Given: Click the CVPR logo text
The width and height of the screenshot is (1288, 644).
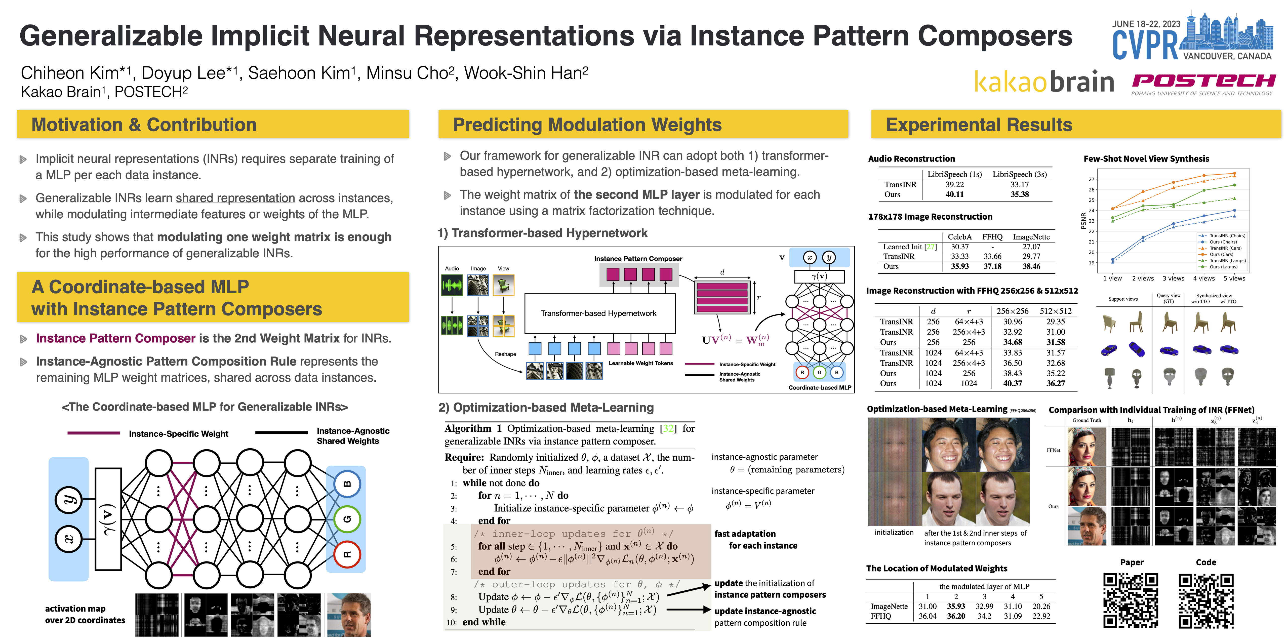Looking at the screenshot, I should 1145,45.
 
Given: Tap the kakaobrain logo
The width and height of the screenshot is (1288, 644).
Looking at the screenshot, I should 1044,82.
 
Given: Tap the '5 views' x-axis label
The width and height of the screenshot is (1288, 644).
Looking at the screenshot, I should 1234,278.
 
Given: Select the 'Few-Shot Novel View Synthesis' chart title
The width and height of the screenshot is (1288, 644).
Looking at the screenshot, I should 1146,158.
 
